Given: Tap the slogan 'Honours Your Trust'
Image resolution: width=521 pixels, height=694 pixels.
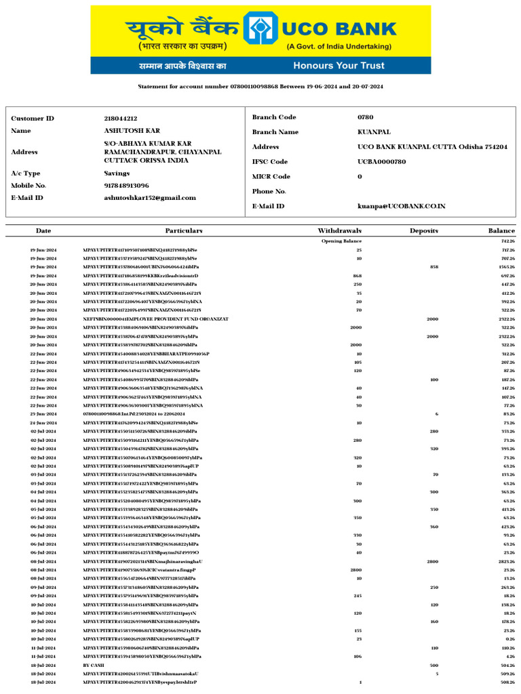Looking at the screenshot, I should (x=339, y=66).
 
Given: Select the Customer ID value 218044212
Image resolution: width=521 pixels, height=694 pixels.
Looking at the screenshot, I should (x=120, y=119).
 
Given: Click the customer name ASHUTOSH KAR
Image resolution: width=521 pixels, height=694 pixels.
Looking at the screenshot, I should (x=132, y=131).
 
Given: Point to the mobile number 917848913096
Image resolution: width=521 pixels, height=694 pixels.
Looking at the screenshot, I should (x=126, y=185).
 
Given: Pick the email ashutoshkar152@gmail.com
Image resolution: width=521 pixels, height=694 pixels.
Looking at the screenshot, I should (x=149, y=198).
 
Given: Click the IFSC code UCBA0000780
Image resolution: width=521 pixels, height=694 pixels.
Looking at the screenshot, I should (x=382, y=162).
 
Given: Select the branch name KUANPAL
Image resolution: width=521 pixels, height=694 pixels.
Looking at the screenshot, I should (x=374, y=132).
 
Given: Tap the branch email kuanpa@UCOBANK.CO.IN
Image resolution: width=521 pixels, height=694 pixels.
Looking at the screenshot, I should (x=402, y=205).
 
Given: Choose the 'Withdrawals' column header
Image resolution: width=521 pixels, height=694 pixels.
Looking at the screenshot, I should (x=339, y=231).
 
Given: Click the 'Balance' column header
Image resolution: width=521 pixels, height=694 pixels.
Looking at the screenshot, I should (x=501, y=231).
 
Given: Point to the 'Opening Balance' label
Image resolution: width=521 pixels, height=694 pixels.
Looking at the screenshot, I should (x=341, y=241).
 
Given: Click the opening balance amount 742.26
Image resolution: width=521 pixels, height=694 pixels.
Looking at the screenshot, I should (x=507, y=241).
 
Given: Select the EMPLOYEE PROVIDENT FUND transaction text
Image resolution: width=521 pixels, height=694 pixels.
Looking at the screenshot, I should (x=155, y=319).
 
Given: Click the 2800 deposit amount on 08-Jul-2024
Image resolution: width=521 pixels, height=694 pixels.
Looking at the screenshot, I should (x=432, y=562).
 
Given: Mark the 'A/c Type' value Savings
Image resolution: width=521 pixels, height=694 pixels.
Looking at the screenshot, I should (x=117, y=173).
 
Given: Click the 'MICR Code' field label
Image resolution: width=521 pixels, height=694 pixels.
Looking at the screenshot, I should (x=271, y=177).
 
